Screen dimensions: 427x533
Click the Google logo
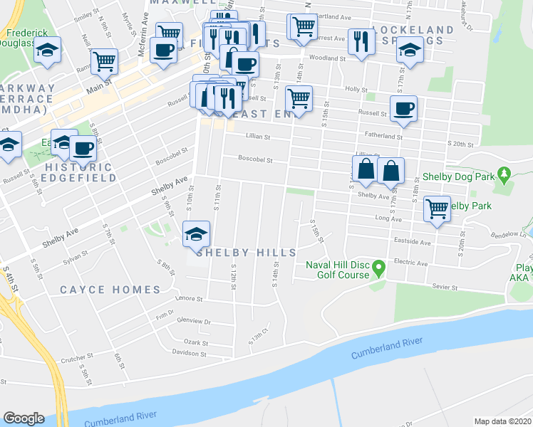tap(24, 418)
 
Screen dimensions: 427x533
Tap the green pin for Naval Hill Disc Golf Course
tap(379, 269)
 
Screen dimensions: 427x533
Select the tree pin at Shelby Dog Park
tap(504, 174)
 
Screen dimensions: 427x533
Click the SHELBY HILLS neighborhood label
tap(236, 253)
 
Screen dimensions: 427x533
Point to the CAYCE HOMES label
tap(110, 290)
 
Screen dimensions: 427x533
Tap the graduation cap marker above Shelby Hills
tap(197, 233)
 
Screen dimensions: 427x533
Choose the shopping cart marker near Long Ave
tap(438, 209)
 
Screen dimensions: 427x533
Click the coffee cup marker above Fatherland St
tap(403, 108)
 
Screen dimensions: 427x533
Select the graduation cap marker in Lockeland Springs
tap(410, 50)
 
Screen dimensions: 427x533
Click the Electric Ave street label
tap(415, 263)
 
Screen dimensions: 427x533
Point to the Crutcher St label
tap(77, 357)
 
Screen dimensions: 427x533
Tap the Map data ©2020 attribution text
tap(503, 421)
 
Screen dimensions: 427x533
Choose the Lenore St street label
tap(190, 298)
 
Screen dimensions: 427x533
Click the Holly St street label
tap(354, 90)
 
